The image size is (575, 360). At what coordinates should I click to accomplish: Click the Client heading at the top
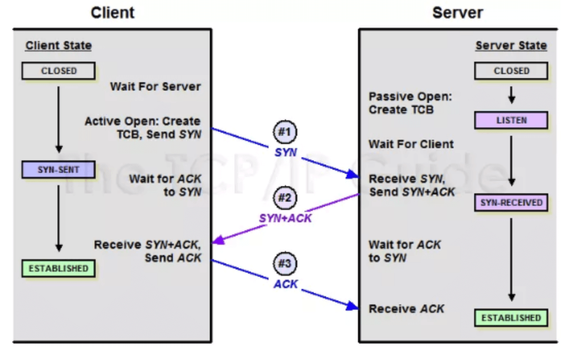tap(113, 12)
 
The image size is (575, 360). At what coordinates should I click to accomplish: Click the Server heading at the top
tap(458, 12)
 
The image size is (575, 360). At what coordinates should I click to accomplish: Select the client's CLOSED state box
tap(58, 71)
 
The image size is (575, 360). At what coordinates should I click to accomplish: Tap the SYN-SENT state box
tap(58, 170)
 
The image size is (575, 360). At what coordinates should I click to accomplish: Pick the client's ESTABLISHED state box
tap(58, 268)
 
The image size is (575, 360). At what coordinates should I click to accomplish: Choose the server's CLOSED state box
tap(511, 71)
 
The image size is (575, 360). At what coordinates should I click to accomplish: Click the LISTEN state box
tap(511, 120)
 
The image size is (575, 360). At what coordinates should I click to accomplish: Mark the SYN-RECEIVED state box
tap(511, 203)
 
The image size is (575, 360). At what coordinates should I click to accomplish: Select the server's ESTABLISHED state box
tap(511, 318)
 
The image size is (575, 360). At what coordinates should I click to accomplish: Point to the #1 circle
tap(284, 132)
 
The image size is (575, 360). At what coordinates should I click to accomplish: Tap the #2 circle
tap(284, 198)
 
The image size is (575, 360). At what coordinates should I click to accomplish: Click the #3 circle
tap(284, 264)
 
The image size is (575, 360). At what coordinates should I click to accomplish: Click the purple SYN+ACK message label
tap(285, 218)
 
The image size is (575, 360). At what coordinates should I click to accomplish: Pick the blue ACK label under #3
tap(285, 284)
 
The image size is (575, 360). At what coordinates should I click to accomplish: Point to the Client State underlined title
tap(58, 45)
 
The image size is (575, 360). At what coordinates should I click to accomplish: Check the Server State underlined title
tap(511, 45)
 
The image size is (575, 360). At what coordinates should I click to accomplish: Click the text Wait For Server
tap(155, 86)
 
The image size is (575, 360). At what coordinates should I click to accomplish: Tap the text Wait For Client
tap(411, 144)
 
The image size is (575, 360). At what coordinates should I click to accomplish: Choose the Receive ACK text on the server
tap(406, 309)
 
